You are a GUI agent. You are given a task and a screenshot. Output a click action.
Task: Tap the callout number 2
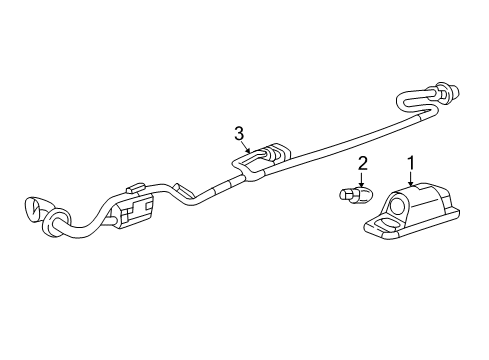(363, 163)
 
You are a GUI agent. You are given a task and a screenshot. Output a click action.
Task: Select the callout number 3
(239, 132)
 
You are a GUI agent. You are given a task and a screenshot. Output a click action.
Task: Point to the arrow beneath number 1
(410, 180)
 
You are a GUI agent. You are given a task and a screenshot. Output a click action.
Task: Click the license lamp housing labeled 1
(411, 210)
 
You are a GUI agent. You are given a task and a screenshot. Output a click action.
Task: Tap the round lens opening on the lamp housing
(399, 207)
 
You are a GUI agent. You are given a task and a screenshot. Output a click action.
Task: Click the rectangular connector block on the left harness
(135, 210)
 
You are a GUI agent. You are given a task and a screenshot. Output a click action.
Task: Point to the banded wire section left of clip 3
(228, 183)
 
